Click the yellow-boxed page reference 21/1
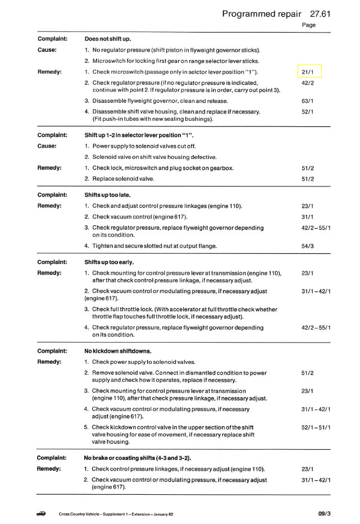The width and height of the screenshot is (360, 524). (307, 72)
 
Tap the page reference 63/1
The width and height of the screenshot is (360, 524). (307, 101)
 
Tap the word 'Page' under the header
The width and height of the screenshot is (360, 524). (309, 25)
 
